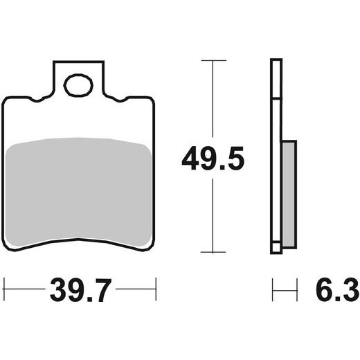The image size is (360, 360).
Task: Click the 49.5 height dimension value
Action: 213,159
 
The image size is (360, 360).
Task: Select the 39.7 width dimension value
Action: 80,290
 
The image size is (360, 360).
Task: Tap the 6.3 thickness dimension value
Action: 337,290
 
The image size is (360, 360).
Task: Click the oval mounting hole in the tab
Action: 78,85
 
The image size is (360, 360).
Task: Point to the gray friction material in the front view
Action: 78,192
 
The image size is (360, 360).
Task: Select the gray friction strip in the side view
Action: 289,195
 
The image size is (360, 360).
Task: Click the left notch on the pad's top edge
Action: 37,100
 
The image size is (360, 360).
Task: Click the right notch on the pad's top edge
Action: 120,100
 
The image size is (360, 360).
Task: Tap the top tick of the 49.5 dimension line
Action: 214,60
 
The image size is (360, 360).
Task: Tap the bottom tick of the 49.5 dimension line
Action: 213,252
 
